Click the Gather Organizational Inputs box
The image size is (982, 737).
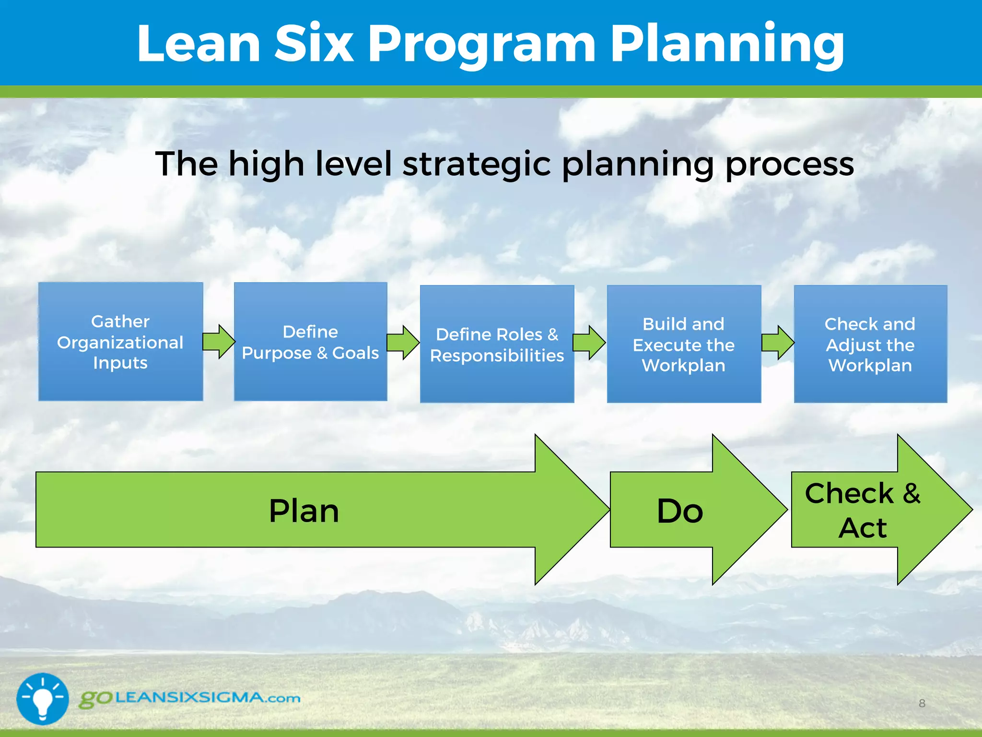coord(120,342)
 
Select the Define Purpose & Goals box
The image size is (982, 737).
coord(310,342)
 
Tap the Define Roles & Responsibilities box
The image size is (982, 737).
coord(497,344)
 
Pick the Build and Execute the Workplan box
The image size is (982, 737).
coord(684,344)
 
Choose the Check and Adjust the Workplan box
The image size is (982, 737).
coord(870,344)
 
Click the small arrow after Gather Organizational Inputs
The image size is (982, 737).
coord(219,342)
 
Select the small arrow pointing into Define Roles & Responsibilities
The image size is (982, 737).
coord(403,343)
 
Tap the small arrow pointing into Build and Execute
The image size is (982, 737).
coord(590,343)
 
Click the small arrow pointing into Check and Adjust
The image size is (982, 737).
coord(778,343)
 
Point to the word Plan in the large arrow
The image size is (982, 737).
coord(304,511)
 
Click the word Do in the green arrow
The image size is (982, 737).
coord(679,511)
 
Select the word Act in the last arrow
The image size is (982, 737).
coord(863,528)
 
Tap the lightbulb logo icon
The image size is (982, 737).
coord(43,699)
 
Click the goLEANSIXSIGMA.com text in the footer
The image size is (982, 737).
coord(190,698)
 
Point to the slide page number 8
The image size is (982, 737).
coord(922,703)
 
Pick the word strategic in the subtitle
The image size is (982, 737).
coord(477,164)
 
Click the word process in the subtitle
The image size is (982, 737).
coord(789,164)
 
